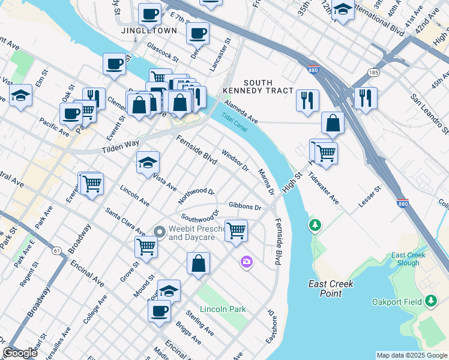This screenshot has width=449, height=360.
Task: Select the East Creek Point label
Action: click(x=330, y=289)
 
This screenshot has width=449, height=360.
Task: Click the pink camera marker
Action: click(x=246, y=262)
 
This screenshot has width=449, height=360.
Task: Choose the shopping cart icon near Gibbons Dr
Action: click(x=236, y=230)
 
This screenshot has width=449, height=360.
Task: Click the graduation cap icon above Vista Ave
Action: click(x=148, y=163)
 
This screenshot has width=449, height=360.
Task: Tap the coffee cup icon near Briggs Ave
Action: click(x=159, y=311)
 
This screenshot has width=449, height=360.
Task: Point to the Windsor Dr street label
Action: click(x=235, y=160)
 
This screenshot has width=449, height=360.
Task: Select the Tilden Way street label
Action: click(x=120, y=145)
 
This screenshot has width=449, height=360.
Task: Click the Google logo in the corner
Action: click(x=20, y=353)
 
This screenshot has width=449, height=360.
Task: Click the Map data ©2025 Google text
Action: click(x=411, y=355)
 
